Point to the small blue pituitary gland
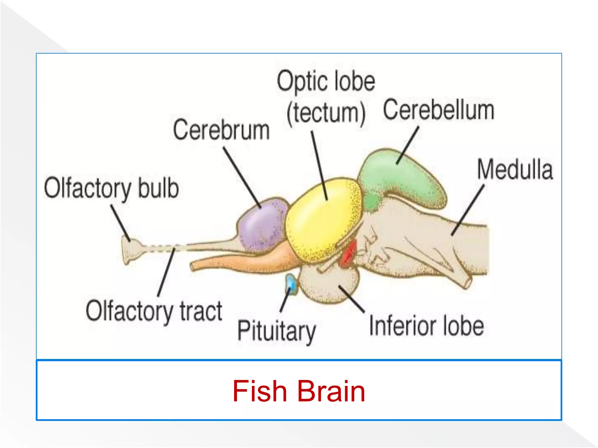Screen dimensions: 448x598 click(x=291, y=283)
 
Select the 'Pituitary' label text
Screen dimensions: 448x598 click(x=276, y=331)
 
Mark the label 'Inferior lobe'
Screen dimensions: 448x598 click(x=426, y=326)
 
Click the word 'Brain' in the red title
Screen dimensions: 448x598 click(x=331, y=391)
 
